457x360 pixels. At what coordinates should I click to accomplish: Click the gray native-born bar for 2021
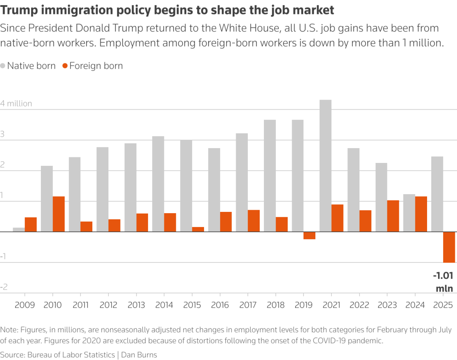pyautogui.click(x=325, y=165)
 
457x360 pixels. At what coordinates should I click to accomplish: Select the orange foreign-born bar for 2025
pyautogui.click(x=449, y=247)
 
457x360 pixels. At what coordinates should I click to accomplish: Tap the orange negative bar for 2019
pyautogui.click(x=309, y=235)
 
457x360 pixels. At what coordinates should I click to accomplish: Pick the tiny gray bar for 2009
pyautogui.click(x=19, y=230)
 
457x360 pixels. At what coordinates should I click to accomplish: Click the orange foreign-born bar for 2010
pyautogui.click(x=59, y=214)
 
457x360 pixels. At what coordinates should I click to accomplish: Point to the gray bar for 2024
pyautogui.click(x=409, y=213)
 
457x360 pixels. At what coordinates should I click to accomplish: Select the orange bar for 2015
pyautogui.click(x=198, y=229)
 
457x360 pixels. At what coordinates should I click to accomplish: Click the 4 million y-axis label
pyautogui.click(x=16, y=103)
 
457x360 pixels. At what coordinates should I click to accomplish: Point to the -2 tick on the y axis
pyautogui.click(x=4, y=287)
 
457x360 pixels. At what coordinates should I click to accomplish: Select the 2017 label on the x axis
pyautogui.click(x=247, y=305)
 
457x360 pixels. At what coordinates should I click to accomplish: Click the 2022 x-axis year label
pyautogui.click(x=360, y=305)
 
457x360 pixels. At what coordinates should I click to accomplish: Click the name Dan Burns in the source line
pyautogui.click(x=139, y=355)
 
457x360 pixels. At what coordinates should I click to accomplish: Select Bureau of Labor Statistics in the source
pyautogui.click(x=71, y=355)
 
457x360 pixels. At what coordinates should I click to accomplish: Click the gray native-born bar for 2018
pyautogui.click(x=270, y=176)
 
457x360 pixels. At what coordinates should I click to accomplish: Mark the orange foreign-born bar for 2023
pyautogui.click(x=393, y=216)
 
